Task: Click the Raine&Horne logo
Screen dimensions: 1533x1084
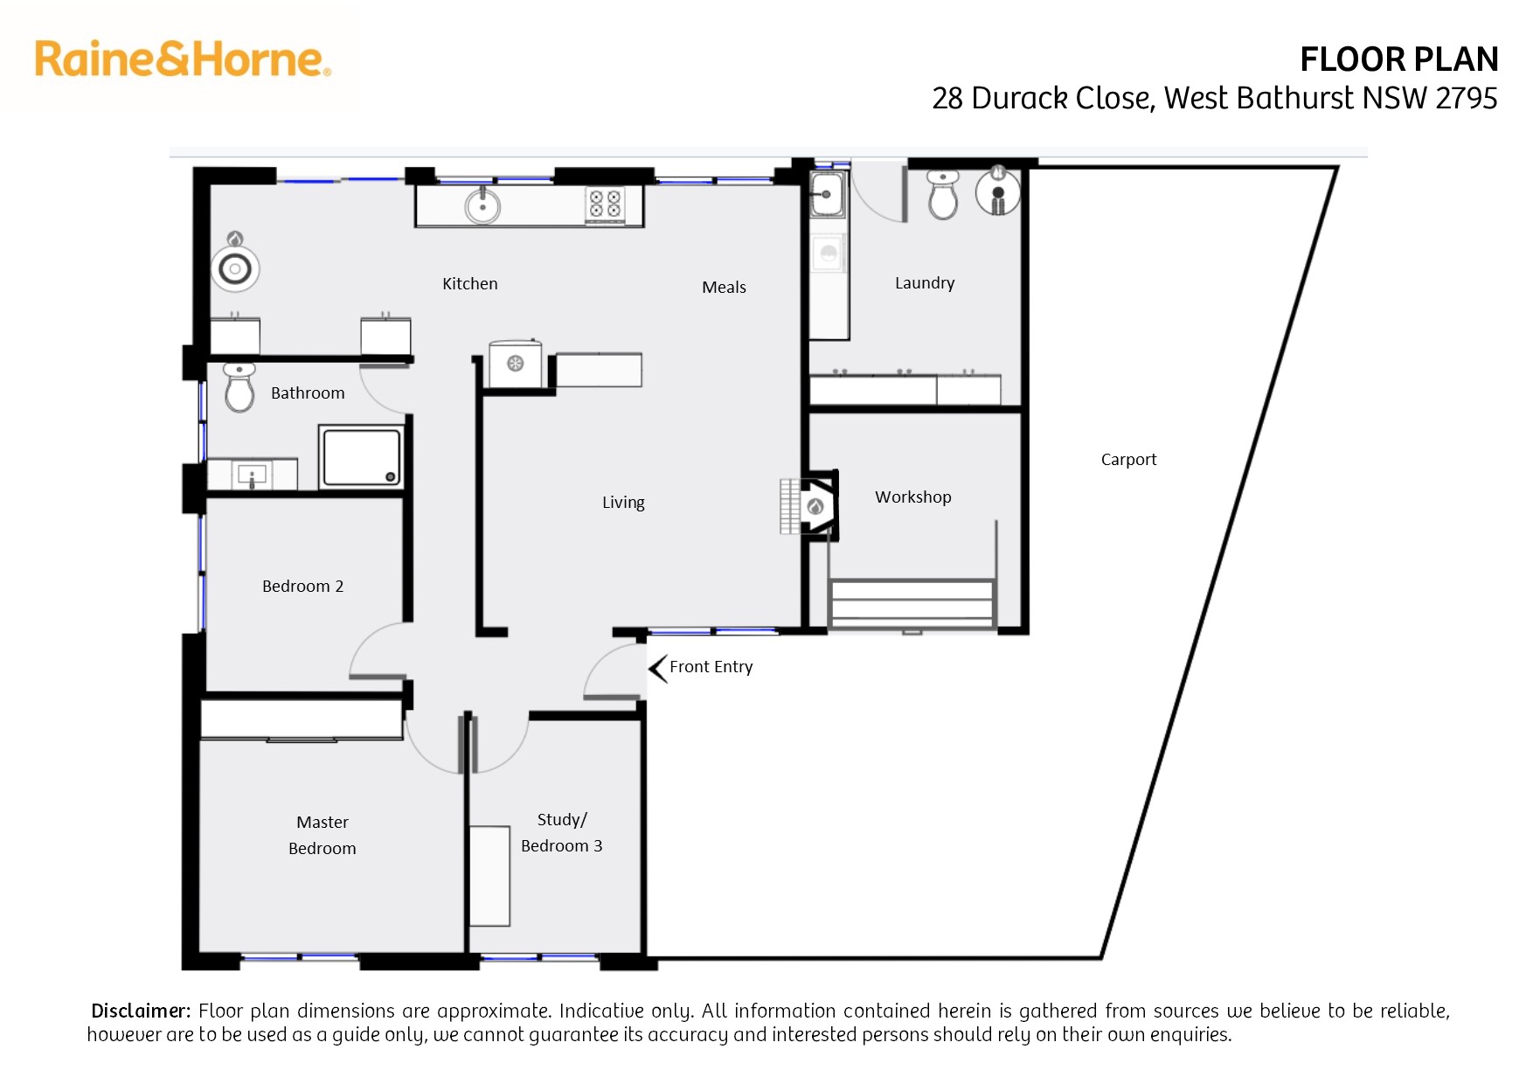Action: tap(183, 59)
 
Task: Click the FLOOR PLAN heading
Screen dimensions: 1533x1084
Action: tap(1399, 59)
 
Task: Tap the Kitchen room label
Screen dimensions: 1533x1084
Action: tap(470, 283)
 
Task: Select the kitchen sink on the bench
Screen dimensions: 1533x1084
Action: tap(482, 206)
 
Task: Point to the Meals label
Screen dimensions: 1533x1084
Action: tap(725, 287)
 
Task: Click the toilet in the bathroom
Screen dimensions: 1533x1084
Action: tap(239, 387)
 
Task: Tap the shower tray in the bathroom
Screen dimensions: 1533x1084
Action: tap(361, 456)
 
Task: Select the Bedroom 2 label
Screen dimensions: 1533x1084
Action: tap(303, 586)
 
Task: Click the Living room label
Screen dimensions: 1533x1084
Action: tap(623, 503)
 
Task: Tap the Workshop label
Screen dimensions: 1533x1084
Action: tap(913, 497)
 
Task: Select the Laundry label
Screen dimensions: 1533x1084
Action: tap(925, 283)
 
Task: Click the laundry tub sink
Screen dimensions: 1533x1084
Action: tap(826, 194)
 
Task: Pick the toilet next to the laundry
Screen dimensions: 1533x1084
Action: tap(943, 194)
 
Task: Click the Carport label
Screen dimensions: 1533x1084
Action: tap(1128, 460)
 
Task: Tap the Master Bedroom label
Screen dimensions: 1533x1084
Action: tap(323, 835)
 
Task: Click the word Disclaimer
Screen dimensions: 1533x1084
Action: tap(141, 1011)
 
